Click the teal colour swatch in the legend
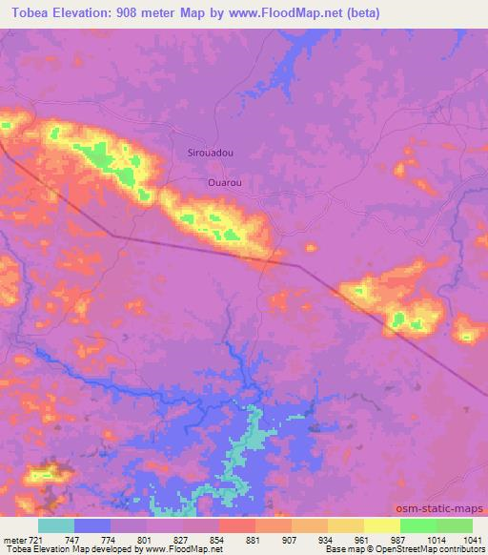(56, 525)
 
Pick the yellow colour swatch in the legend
(382, 525)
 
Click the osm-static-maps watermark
(446, 508)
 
